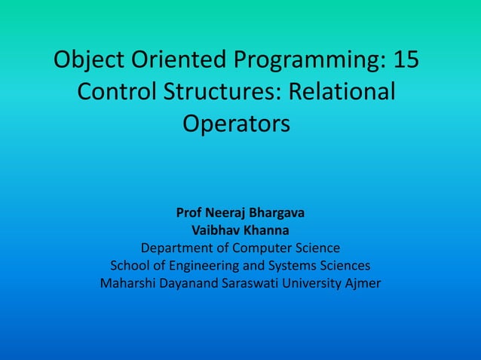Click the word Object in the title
(x=90, y=59)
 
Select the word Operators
(x=236, y=124)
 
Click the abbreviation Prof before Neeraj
(x=188, y=213)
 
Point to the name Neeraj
(x=227, y=213)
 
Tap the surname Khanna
(x=265, y=230)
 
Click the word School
(x=130, y=266)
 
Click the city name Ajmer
(x=363, y=284)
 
